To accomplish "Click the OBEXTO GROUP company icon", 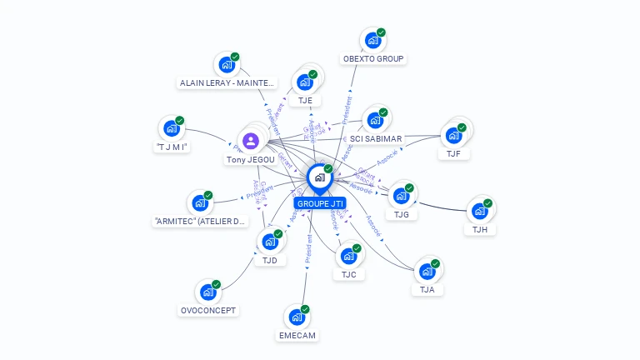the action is pyautogui.click(x=372, y=40).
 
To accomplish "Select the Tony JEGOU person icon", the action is pyautogui.click(x=251, y=140).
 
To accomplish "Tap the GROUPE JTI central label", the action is pyautogui.click(x=320, y=203).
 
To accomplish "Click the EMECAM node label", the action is pyautogui.click(x=298, y=335).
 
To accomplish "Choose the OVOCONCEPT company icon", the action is pyautogui.click(x=207, y=292).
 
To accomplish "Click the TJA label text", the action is pyautogui.click(x=427, y=290).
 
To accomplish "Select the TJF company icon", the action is pyautogui.click(x=453, y=135).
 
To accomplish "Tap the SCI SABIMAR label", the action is pyautogui.click(x=375, y=138).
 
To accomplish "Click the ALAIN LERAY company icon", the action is pyautogui.click(x=226, y=64).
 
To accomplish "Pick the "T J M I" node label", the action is pyautogui.click(x=172, y=147).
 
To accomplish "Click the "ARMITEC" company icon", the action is pyautogui.click(x=199, y=202).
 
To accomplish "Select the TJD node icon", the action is pyautogui.click(x=269, y=242).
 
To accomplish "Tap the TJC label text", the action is pyautogui.click(x=348, y=274).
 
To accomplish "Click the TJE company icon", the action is pyautogui.click(x=305, y=82).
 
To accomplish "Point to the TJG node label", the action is pyautogui.click(x=401, y=214).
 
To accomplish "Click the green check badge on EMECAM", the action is pyautogui.click(x=305, y=309).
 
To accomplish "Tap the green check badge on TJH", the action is pyautogui.click(x=488, y=203).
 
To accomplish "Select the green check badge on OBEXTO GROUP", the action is pyautogui.click(x=381, y=32).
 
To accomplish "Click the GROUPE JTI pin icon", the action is pyautogui.click(x=319, y=177).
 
